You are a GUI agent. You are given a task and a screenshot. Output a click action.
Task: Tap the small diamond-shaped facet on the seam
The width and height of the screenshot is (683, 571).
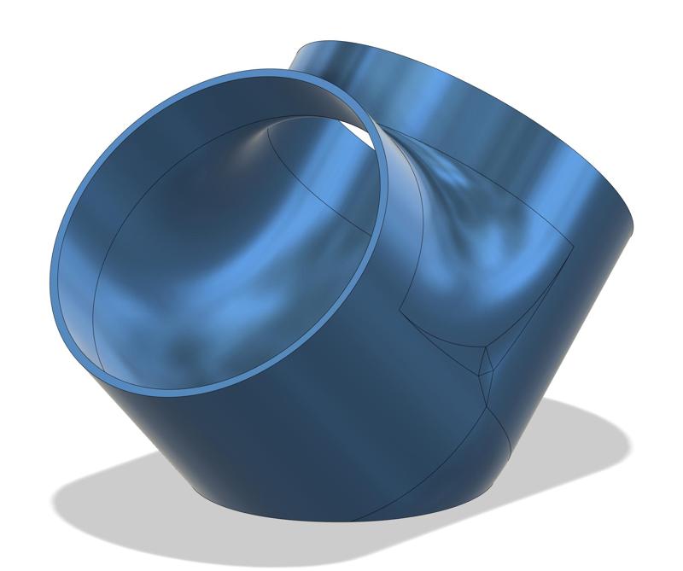point(486,362)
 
